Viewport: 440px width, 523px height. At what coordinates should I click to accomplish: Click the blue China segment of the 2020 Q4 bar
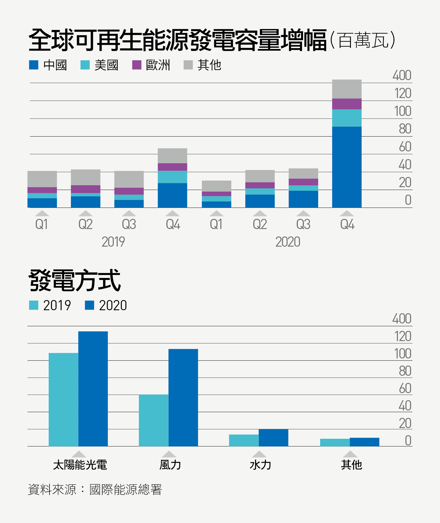pos(346,167)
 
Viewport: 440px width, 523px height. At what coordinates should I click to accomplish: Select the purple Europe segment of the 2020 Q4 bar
pos(346,104)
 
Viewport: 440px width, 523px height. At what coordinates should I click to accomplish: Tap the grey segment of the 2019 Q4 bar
pos(172,156)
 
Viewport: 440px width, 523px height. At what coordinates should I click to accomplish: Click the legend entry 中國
pos(48,65)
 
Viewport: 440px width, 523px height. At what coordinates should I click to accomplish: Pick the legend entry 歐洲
pos(152,65)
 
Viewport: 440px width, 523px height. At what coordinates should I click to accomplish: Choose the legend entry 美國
pos(100,65)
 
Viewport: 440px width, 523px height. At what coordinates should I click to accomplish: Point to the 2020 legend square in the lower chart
pos(89,305)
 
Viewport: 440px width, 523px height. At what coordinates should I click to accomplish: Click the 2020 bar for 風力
pos(183,397)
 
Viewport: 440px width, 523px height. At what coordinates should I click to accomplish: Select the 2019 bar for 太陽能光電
pos(64,399)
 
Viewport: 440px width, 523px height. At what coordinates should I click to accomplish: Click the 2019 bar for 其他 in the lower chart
pos(335,442)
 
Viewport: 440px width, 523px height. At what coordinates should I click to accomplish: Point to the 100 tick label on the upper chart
pos(402,111)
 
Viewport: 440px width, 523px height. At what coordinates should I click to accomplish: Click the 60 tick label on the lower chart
pos(405,388)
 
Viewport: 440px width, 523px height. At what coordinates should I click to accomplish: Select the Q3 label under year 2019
pos(129,224)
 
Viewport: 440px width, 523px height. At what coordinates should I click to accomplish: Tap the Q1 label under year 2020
pos(216,224)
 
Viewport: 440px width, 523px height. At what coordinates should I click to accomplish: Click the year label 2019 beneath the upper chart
pos(113,242)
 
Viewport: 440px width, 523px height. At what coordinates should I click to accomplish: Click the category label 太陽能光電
pos(80,465)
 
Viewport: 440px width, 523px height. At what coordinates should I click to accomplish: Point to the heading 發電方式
pos(75,280)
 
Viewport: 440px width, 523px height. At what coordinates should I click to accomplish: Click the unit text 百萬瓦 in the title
pos(363,40)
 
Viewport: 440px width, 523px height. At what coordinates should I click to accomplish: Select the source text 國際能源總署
pos(126,490)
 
